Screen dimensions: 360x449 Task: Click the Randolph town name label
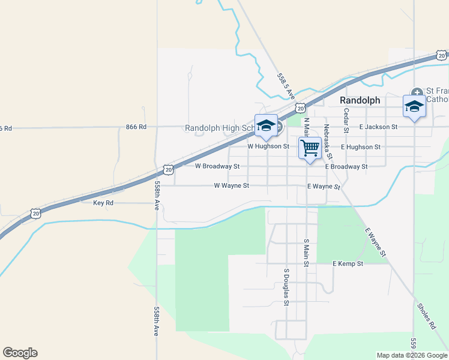(x=360, y=100)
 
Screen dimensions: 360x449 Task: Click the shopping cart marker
(x=310, y=148)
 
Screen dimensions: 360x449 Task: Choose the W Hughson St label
(x=268, y=146)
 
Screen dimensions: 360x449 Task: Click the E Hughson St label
(x=360, y=146)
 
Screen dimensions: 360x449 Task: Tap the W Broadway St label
(x=217, y=166)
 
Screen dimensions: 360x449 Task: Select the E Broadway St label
(x=346, y=166)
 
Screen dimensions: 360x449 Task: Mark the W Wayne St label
(x=231, y=186)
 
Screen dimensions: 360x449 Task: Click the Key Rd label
(x=103, y=203)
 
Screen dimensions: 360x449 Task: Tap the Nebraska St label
(x=327, y=137)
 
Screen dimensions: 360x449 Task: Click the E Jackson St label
(x=378, y=127)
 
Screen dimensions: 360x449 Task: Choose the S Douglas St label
(x=286, y=286)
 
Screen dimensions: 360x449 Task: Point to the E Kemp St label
(x=348, y=263)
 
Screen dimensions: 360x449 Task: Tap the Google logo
(x=20, y=353)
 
